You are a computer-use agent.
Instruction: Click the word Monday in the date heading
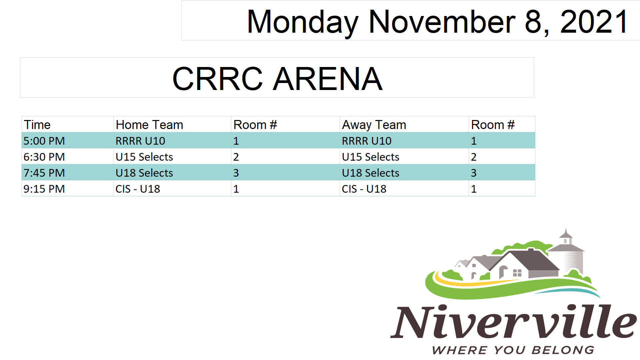pos(303,22)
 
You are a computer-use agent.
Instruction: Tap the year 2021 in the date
pos(594,22)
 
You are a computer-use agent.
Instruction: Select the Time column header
pos(37,125)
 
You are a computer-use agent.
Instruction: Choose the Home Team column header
pos(149,125)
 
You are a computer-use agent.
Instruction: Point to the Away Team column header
pos(374,125)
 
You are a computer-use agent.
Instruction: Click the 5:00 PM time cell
pos(44,141)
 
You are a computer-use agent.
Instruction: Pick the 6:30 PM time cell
pos(44,157)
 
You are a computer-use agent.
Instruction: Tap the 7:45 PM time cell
pos(44,173)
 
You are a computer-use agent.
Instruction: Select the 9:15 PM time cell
pos(44,189)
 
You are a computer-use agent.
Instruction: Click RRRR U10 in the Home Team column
pos(140,141)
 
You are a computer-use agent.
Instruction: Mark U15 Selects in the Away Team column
pos(371,157)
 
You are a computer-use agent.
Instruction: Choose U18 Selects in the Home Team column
pos(144,173)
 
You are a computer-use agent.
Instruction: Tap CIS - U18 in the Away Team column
pos(364,189)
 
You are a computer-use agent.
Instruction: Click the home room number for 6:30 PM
pos(236,157)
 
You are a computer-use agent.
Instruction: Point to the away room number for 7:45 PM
pos(474,173)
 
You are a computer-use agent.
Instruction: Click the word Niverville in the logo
pos(513,321)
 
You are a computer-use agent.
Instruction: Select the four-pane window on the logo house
pos(517,273)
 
